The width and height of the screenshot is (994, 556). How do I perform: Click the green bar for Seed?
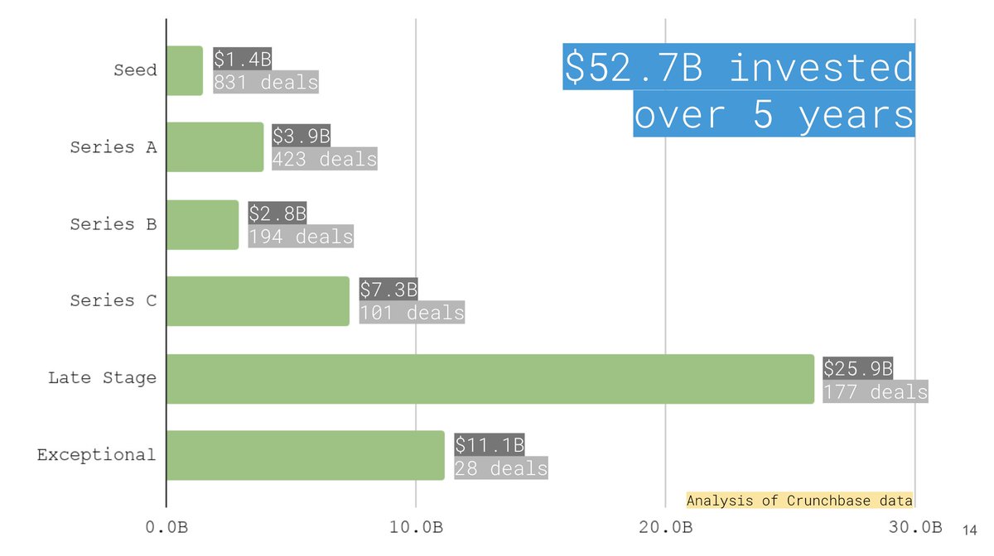point(185,70)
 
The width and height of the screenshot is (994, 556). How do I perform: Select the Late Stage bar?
point(490,379)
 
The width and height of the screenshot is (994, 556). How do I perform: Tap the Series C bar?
point(258,301)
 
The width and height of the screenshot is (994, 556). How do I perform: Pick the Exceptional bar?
point(305,455)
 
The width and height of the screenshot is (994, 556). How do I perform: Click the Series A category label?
point(113,147)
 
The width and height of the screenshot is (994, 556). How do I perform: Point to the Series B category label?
point(113,224)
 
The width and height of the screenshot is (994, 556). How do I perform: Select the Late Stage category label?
point(102,378)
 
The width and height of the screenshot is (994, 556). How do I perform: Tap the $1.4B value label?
point(242,59)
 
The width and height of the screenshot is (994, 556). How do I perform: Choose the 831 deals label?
point(266,82)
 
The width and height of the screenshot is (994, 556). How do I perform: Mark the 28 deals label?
point(500,468)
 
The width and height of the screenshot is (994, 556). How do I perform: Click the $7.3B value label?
point(388,290)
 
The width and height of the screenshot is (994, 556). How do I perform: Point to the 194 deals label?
point(301,237)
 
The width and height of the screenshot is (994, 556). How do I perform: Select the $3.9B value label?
point(301,136)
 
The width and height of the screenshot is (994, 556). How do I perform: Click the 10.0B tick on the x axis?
point(416,527)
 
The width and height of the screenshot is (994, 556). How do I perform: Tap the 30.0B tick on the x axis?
point(914,527)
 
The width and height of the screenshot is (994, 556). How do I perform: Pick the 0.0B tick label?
point(166,527)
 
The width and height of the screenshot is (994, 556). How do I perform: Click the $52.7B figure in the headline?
point(634,68)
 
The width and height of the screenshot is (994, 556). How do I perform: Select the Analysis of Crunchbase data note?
point(799,501)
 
